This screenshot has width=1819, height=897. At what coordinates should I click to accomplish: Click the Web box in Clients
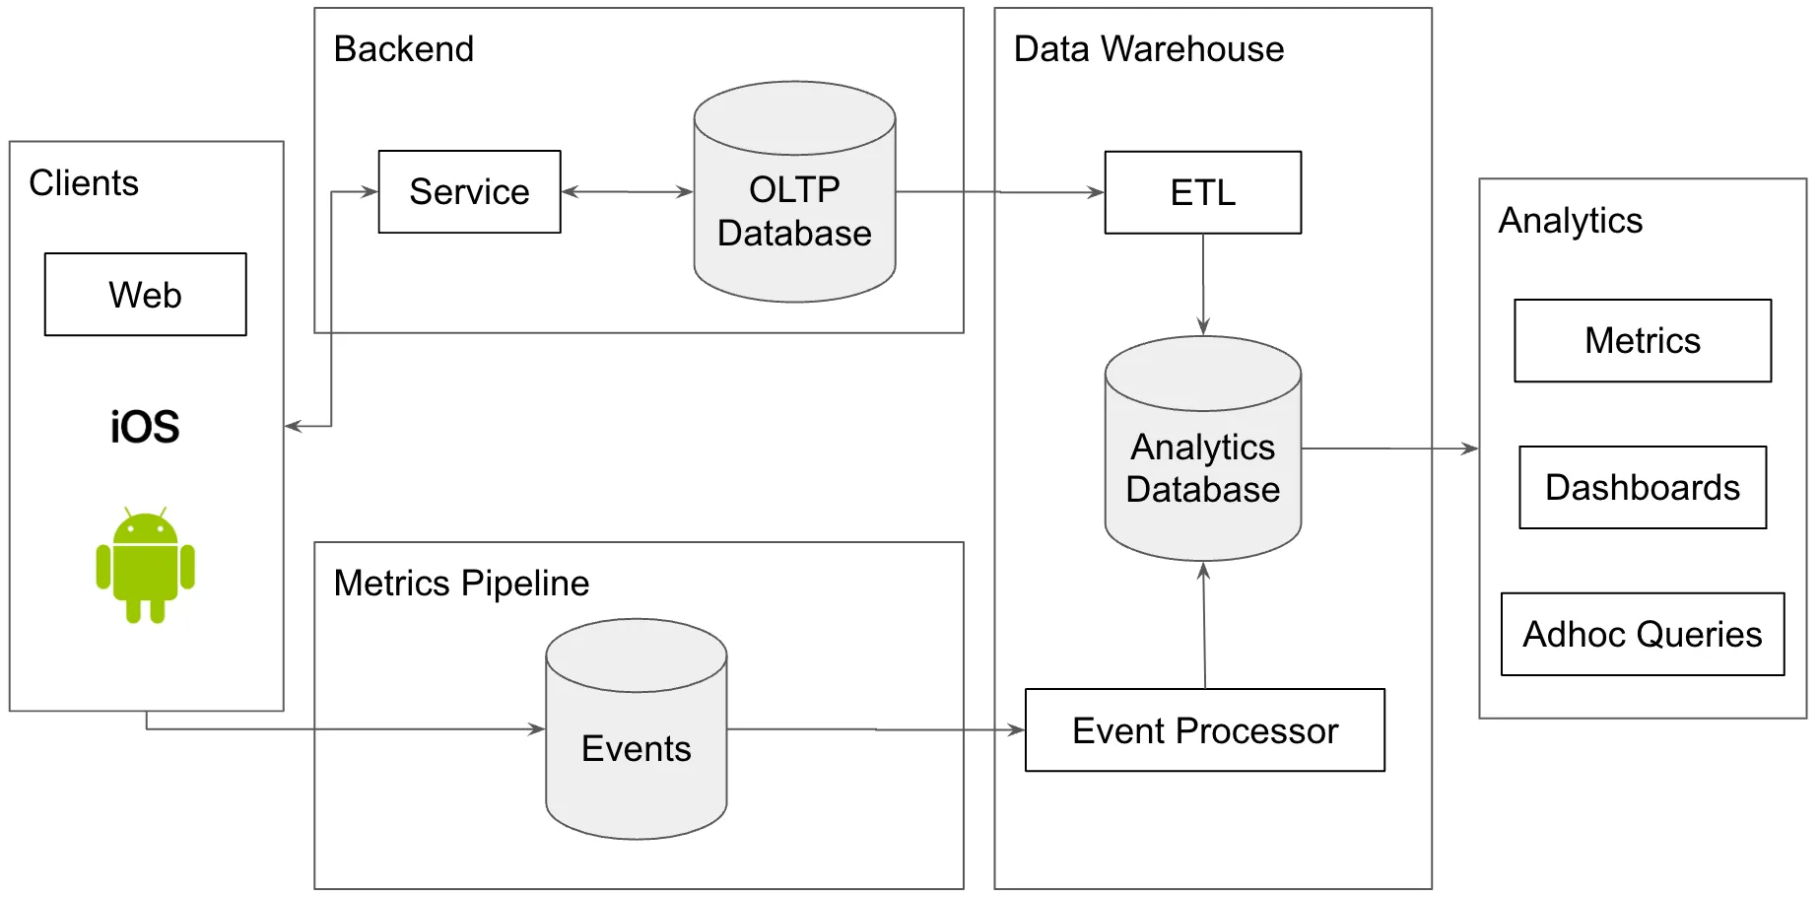[145, 295]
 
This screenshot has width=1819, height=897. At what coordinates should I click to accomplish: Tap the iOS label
[145, 427]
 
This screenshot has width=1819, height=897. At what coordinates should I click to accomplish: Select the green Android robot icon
[145, 566]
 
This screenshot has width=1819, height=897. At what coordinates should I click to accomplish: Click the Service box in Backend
[469, 192]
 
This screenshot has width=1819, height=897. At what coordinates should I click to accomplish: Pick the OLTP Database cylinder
[794, 212]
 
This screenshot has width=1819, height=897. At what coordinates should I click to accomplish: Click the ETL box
[1202, 192]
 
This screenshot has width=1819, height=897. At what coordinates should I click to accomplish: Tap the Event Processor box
[1204, 730]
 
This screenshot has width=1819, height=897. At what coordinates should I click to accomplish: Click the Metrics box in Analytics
[1642, 341]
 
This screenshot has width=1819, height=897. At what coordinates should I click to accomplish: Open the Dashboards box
[1642, 488]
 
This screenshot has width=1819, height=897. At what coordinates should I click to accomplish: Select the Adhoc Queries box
[1642, 635]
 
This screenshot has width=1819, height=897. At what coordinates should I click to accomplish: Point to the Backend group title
[404, 49]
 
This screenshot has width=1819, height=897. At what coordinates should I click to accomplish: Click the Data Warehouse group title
[1148, 49]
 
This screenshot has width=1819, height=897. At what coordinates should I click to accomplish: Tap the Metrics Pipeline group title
[461, 584]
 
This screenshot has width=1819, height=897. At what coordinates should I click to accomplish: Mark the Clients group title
[84, 183]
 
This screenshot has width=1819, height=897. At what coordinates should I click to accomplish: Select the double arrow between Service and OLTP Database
[627, 192]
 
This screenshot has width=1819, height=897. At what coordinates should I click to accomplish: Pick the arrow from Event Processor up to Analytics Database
[1204, 625]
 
